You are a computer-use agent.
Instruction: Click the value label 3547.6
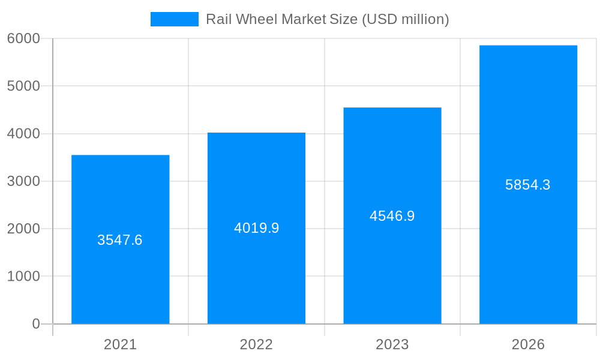pos(120,240)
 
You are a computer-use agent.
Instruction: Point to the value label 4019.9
pos(256,228)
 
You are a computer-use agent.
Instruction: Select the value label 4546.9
pos(392,216)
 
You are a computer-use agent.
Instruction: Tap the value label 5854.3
pos(528,185)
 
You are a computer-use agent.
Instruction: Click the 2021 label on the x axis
pos(120,344)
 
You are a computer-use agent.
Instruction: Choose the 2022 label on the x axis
pos(256,344)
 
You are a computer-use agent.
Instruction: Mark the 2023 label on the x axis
pos(392,344)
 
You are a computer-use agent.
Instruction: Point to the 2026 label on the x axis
pos(528,344)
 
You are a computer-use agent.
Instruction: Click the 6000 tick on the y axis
pos(23,38)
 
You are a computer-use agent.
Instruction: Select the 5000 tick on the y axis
pos(23,86)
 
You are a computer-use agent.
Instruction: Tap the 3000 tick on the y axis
pos(23,181)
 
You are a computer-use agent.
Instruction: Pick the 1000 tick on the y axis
pos(23,276)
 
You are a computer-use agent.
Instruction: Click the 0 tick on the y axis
pos(35,324)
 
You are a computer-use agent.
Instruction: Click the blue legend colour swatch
pos(174,19)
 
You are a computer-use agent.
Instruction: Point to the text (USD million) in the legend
pos(405,19)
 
